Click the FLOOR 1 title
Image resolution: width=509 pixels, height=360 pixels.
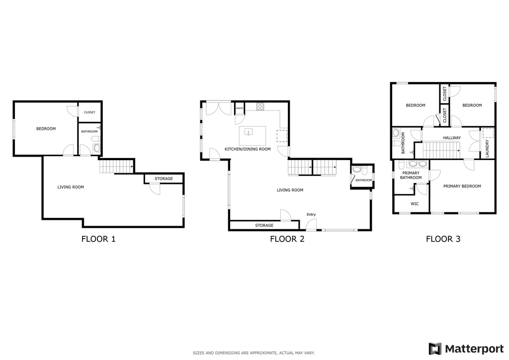pos(98,239)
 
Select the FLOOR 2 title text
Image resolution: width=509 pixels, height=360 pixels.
pos(287,239)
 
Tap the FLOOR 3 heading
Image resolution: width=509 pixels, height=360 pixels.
pos(443,239)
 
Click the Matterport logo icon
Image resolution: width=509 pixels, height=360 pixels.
pos(435,349)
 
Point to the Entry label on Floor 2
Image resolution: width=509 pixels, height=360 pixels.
pos(311,215)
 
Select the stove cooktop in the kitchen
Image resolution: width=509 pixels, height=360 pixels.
pos(260,106)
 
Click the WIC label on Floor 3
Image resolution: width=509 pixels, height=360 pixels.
pos(415,204)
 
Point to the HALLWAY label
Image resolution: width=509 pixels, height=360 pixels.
pos(452,138)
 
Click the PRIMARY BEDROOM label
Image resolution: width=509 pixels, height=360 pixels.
pos(462,186)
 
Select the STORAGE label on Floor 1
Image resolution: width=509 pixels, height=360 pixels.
pos(164,179)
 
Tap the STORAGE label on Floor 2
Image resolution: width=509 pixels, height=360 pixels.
pos(264,226)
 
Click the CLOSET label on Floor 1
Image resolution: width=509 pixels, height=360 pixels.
pos(90,113)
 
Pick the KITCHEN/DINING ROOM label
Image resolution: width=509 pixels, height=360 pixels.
pos(248,149)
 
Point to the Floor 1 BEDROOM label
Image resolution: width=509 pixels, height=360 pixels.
pos(46,129)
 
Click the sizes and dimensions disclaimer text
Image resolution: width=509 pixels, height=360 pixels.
pos(254,353)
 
